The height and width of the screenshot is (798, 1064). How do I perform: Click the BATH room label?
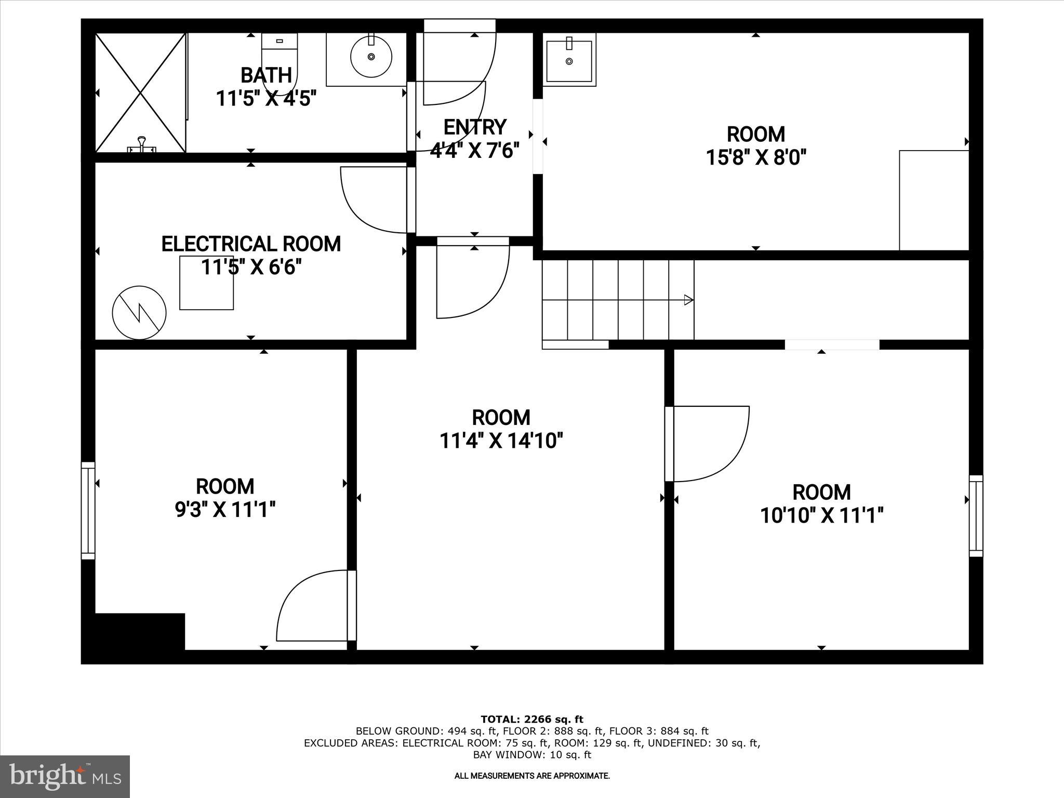(266, 76)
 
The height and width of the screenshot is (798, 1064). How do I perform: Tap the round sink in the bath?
(371, 57)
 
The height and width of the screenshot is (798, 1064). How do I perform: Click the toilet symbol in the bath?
(280, 62)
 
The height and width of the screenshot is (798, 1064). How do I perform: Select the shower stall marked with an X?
(141, 93)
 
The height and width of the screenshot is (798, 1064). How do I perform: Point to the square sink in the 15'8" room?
(569, 60)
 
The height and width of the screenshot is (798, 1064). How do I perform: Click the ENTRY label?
(474, 127)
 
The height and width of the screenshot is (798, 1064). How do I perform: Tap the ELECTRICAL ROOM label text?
(251, 244)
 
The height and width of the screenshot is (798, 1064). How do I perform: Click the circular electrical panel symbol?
(139, 313)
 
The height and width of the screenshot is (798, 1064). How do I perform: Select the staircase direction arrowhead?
(688, 300)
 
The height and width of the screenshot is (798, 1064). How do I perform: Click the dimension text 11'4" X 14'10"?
(501, 441)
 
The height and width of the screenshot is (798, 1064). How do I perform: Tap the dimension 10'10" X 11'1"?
(821, 516)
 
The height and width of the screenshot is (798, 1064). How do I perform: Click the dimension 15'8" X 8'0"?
(755, 157)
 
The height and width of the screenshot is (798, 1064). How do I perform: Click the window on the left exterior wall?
(88, 511)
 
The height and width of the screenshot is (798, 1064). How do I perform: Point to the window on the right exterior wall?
(976, 516)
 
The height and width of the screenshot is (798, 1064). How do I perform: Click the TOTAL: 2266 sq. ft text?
(532, 720)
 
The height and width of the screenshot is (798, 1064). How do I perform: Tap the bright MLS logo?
(65, 776)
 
